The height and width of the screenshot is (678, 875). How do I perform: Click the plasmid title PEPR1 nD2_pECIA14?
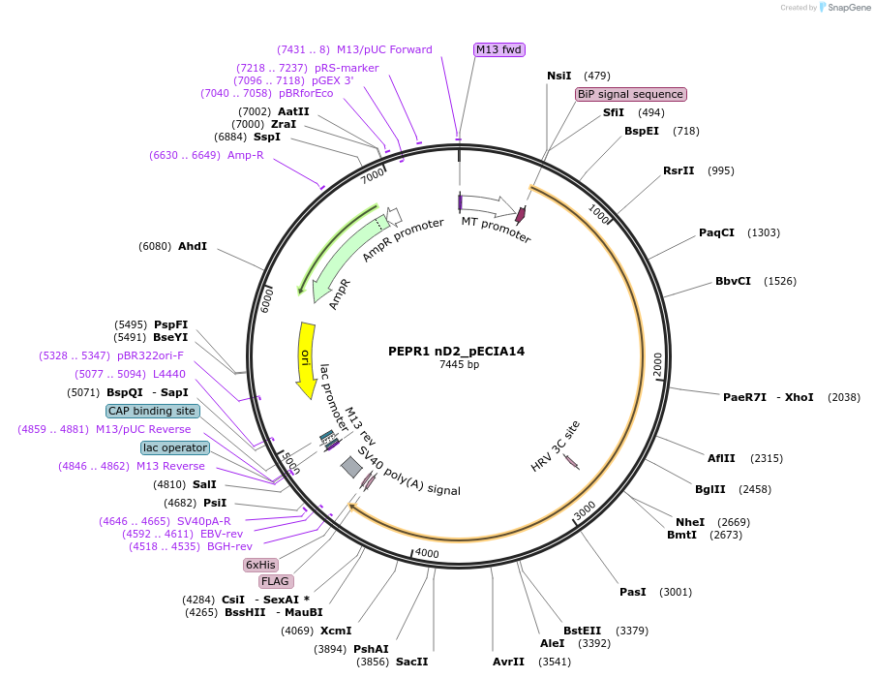coord(458,351)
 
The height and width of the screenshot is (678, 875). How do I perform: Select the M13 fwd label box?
coord(498,49)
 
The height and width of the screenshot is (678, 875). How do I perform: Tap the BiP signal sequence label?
coord(630,94)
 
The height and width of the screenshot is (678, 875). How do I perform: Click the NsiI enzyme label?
coord(559,76)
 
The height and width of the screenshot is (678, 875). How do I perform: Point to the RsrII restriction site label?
coord(679,170)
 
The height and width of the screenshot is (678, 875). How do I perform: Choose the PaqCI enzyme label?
coord(716,232)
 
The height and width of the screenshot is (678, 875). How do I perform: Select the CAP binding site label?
coord(152,411)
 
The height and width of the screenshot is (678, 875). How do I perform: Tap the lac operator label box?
coord(174,447)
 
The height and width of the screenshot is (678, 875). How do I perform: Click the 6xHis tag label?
coord(260,565)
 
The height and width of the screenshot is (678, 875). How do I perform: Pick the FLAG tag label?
coord(275,581)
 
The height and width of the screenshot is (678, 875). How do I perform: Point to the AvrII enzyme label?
coord(508,662)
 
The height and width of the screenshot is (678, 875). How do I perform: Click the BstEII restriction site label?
coord(582,631)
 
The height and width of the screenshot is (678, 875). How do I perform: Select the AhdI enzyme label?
coord(193,246)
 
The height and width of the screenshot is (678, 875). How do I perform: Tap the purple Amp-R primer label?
coord(246,155)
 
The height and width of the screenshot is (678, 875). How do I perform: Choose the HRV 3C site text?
coord(556,447)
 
